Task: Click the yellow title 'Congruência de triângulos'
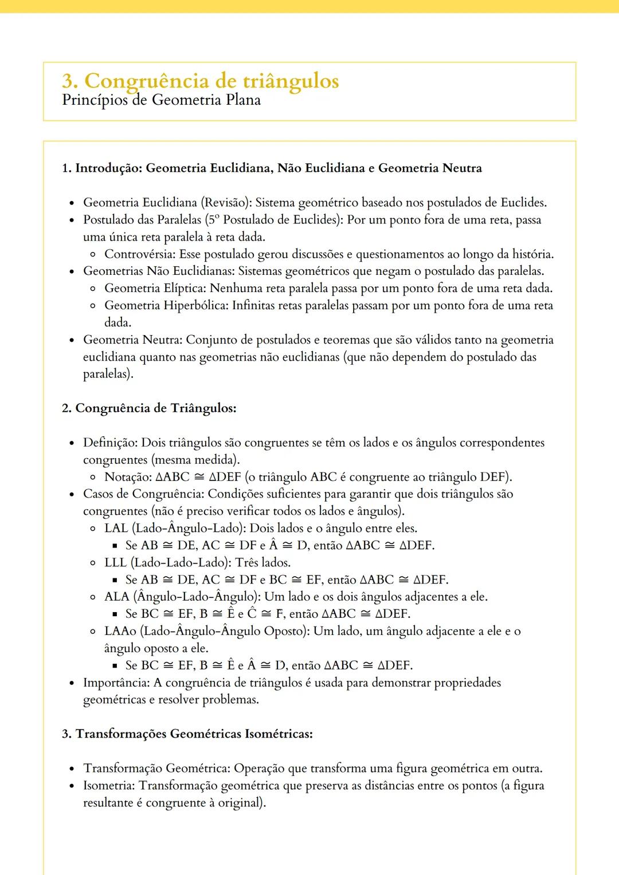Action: [211, 81]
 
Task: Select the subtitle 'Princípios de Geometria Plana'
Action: [161, 100]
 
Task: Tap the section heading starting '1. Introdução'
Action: [272, 168]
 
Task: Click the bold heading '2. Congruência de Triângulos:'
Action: [149, 408]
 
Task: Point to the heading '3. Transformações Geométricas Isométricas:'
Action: [187, 734]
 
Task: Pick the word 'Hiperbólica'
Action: [195, 306]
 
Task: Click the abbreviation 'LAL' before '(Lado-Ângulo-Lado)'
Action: [116, 529]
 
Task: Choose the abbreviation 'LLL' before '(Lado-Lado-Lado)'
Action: [115, 562]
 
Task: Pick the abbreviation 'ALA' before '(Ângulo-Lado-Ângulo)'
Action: [117, 597]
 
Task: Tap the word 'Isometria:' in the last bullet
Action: [109, 786]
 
